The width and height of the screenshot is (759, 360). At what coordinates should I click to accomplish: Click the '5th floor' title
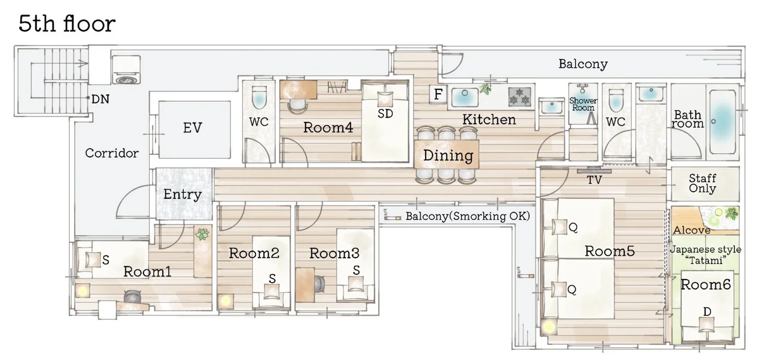[x=67, y=24]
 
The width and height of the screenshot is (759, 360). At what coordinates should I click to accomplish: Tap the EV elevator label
[x=192, y=128]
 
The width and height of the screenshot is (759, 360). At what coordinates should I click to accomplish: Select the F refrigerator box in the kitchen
[x=438, y=94]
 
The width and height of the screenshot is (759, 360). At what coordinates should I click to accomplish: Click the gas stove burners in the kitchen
[x=519, y=97]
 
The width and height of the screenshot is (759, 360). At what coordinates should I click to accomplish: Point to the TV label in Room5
[x=595, y=180]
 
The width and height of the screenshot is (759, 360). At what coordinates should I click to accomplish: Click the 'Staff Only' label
[x=703, y=183]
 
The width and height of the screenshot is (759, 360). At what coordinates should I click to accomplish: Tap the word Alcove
[x=691, y=230]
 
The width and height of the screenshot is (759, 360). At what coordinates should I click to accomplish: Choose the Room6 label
[x=705, y=285]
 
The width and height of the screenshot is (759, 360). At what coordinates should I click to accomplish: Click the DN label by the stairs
[x=101, y=99]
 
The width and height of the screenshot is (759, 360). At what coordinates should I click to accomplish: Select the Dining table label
[x=448, y=156]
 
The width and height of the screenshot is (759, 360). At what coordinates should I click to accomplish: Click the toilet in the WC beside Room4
[x=259, y=97]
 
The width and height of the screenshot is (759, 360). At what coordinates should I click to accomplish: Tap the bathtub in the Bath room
[x=723, y=121]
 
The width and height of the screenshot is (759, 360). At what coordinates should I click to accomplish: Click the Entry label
[x=183, y=195]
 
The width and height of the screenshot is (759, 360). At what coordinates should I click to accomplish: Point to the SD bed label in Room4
[x=385, y=114]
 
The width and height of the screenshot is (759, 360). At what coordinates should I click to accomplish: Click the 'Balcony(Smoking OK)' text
[x=467, y=216]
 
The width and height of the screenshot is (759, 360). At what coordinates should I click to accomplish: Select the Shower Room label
[x=583, y=104]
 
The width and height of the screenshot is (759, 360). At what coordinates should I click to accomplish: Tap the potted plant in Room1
[x=202, y=234]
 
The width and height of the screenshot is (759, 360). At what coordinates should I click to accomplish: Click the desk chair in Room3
[x=320, y=283]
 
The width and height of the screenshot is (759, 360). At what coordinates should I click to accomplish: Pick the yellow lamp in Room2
[x=226, y=301]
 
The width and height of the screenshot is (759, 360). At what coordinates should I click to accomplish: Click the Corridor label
[x=112, y=153]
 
